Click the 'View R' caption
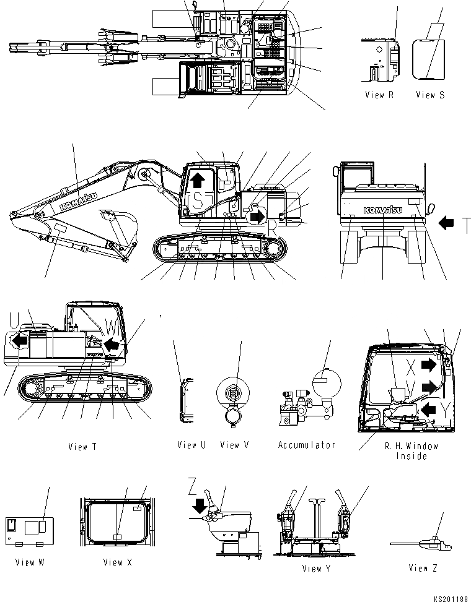pyautogui.click(x=379, y=95)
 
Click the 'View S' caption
pyautogui.click(x=429, y=95)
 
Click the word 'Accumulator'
pyautogui.click(x=306, y=445)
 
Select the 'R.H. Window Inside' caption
pyautogui.click(x=411, y=451)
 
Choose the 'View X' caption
pyautogui.click(x=117, y=562)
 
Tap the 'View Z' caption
pyautogui.click(x=423, y=569)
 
